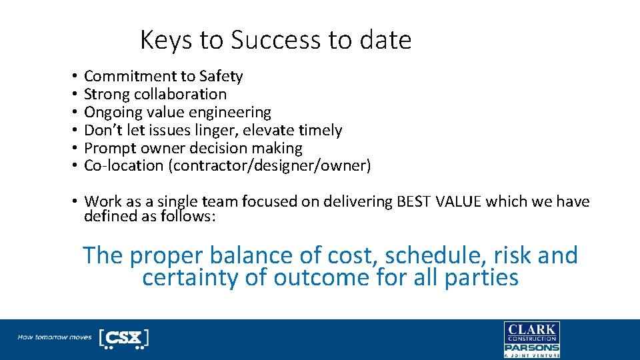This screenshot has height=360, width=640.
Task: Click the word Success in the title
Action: [x=276, y=41]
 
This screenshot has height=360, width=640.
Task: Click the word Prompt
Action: [x=109, y=149]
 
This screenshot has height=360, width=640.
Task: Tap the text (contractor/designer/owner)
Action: [x=271, y=166]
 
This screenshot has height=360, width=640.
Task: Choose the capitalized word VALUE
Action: [x=459, y=201]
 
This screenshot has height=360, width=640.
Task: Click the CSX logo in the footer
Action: [x=123, y=338]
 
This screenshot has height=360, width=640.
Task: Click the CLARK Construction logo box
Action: [x=531, y=333]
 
